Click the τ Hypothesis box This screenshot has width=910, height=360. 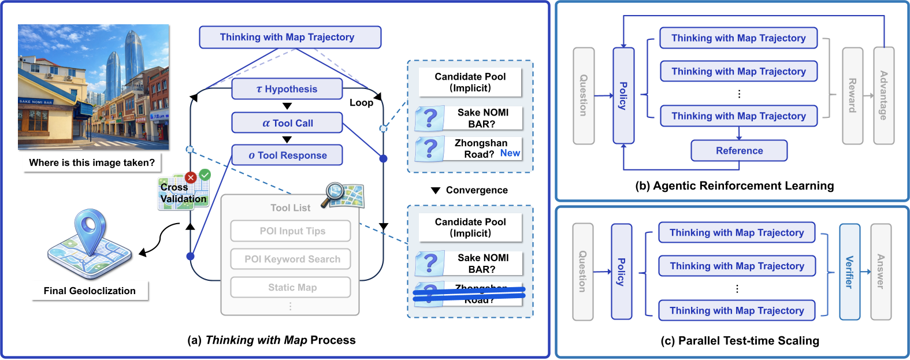(287, 89)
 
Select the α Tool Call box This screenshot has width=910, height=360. (287, 123)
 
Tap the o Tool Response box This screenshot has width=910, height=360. (287, 155)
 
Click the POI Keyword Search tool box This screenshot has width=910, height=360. (291, 259)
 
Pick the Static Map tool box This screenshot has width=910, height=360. (291, 287)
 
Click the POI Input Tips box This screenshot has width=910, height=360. (291, 231)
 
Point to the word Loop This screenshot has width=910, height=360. (361, 103)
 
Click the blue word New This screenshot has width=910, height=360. (510, 153)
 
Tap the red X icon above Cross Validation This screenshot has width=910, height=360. (190, 177)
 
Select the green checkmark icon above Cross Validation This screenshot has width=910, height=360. (205, 175)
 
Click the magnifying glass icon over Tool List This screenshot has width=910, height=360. (335, 193)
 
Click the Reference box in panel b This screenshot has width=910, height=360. (739, 151)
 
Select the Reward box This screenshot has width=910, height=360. (852, 96)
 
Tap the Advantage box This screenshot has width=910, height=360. (883, 96)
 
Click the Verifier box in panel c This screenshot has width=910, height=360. (849, 272)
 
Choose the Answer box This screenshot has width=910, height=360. (881, 272)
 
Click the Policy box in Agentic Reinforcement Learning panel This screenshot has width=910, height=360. (623, 96)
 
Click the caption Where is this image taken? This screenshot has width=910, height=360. (92, 163)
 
